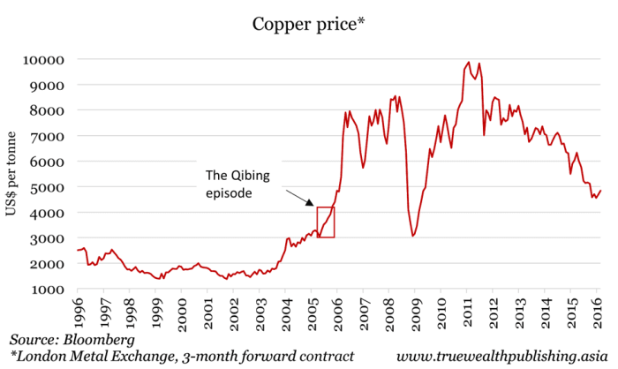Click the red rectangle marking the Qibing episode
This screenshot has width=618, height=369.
[x=326, y=222]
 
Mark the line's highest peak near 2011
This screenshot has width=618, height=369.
[x=469, y=63]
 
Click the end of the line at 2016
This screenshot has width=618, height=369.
[x=600, y=191]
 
